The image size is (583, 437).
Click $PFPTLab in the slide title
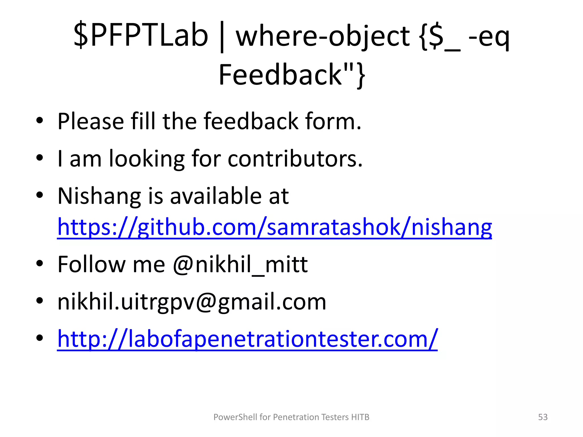pyautogui.click(x=141, y=36)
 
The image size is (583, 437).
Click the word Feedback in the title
pyautogui.click(x=280, y=75)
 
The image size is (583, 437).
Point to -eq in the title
pyautogui.click(x=488, y=36)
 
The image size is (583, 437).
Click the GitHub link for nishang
pyautogui.click(x=274, y=227)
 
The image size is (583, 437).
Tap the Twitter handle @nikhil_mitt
pyautogui.click(x=240, y=264)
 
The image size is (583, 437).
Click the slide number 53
pyautogui.click(x=543, y=417)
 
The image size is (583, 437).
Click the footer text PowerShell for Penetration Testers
pyautogui.click(x=291, y=417)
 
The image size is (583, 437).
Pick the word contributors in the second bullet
pyautogui.click(x=295, y=158)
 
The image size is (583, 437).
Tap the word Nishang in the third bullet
pyautogui.click(x=99, y=196)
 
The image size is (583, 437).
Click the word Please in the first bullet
pyautogui.click(x=91, y=121)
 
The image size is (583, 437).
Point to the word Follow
pyautogui.click(x=91, y=264)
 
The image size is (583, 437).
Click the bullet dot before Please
pyautogui.click(x=40, y=120)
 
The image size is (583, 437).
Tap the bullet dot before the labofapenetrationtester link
pyautogui.click(x=40, y=338)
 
